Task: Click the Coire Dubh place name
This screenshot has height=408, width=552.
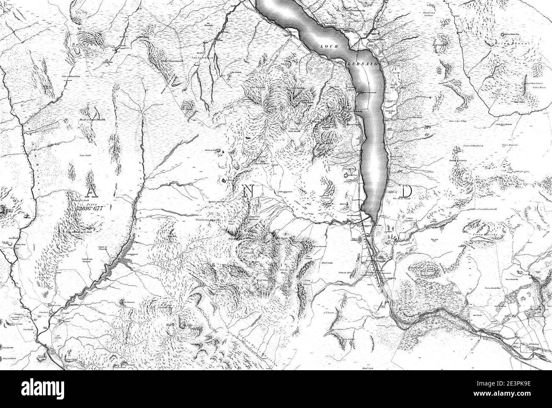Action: pyautogui.click(x=87, y=155)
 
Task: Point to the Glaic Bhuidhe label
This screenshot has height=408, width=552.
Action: pyautogui.click(x=510, y=145)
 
